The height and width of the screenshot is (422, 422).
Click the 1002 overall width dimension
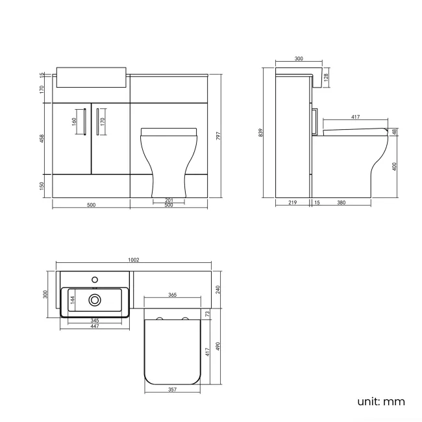tap(134, 260)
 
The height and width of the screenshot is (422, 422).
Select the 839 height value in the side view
tap(260, 132)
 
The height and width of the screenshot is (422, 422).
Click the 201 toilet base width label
tap(168, 199)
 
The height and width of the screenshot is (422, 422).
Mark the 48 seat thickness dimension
tap(395, 132)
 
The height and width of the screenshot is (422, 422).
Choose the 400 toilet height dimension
tap(395, 166)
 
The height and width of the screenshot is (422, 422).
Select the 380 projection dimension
tap(341, 203)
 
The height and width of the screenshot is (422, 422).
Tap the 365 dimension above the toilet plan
tap(172, 295)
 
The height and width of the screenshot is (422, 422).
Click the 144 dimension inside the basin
tap(73, 299)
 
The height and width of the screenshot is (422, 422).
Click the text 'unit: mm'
tap(380, 401)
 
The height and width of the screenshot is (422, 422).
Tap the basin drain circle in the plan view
tap(95, 299)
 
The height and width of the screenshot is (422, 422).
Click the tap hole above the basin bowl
tap(95, 279)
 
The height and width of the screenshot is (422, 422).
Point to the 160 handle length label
tap(75, 121)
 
